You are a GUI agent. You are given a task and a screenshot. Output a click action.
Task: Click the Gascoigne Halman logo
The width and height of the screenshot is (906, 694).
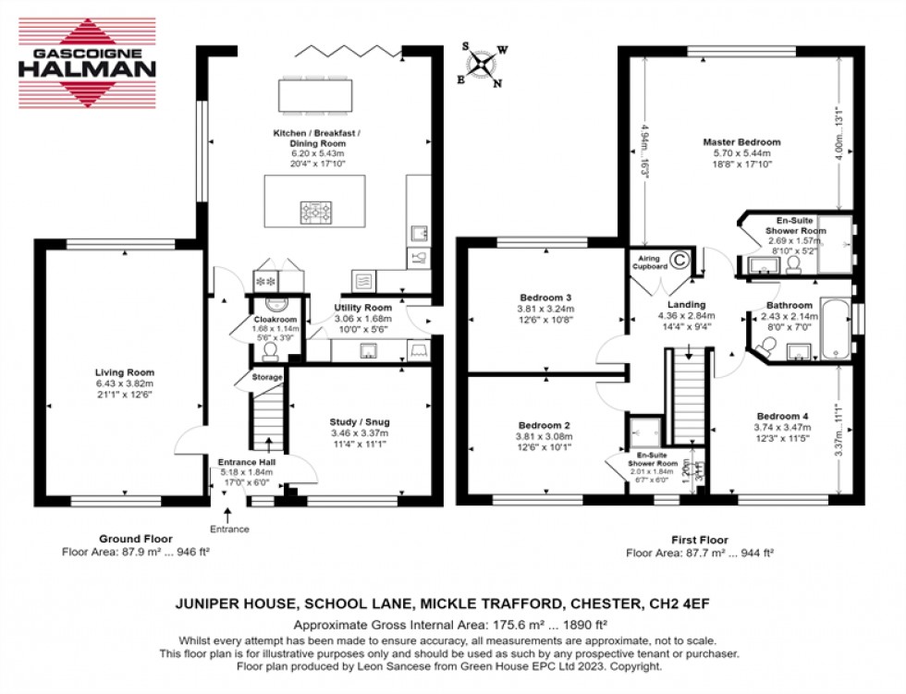click(x=88, y=63)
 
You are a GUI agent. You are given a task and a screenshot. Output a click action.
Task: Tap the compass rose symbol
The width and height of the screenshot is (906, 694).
click(x=484, y=64)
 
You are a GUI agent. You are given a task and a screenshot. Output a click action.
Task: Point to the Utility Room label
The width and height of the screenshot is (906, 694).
click(x=363, y=308)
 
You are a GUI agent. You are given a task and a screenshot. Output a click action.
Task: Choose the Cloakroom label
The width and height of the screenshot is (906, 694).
click(x=275, y=319)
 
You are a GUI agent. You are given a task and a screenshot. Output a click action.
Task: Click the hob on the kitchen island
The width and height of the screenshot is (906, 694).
click(x=314, y=213)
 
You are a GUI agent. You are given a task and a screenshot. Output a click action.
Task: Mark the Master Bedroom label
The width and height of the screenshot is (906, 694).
click(x=741, y=142)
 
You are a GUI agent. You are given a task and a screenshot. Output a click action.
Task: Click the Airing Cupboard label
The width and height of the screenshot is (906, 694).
click(x=651, y=262)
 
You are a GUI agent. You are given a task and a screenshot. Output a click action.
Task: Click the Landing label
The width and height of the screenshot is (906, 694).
click(x=686, y=305)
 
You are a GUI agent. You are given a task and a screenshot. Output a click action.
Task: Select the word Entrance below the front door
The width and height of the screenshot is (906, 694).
click(x=229, y=530)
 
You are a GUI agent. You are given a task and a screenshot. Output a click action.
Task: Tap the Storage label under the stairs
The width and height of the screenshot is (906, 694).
click(x=269, y=377)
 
